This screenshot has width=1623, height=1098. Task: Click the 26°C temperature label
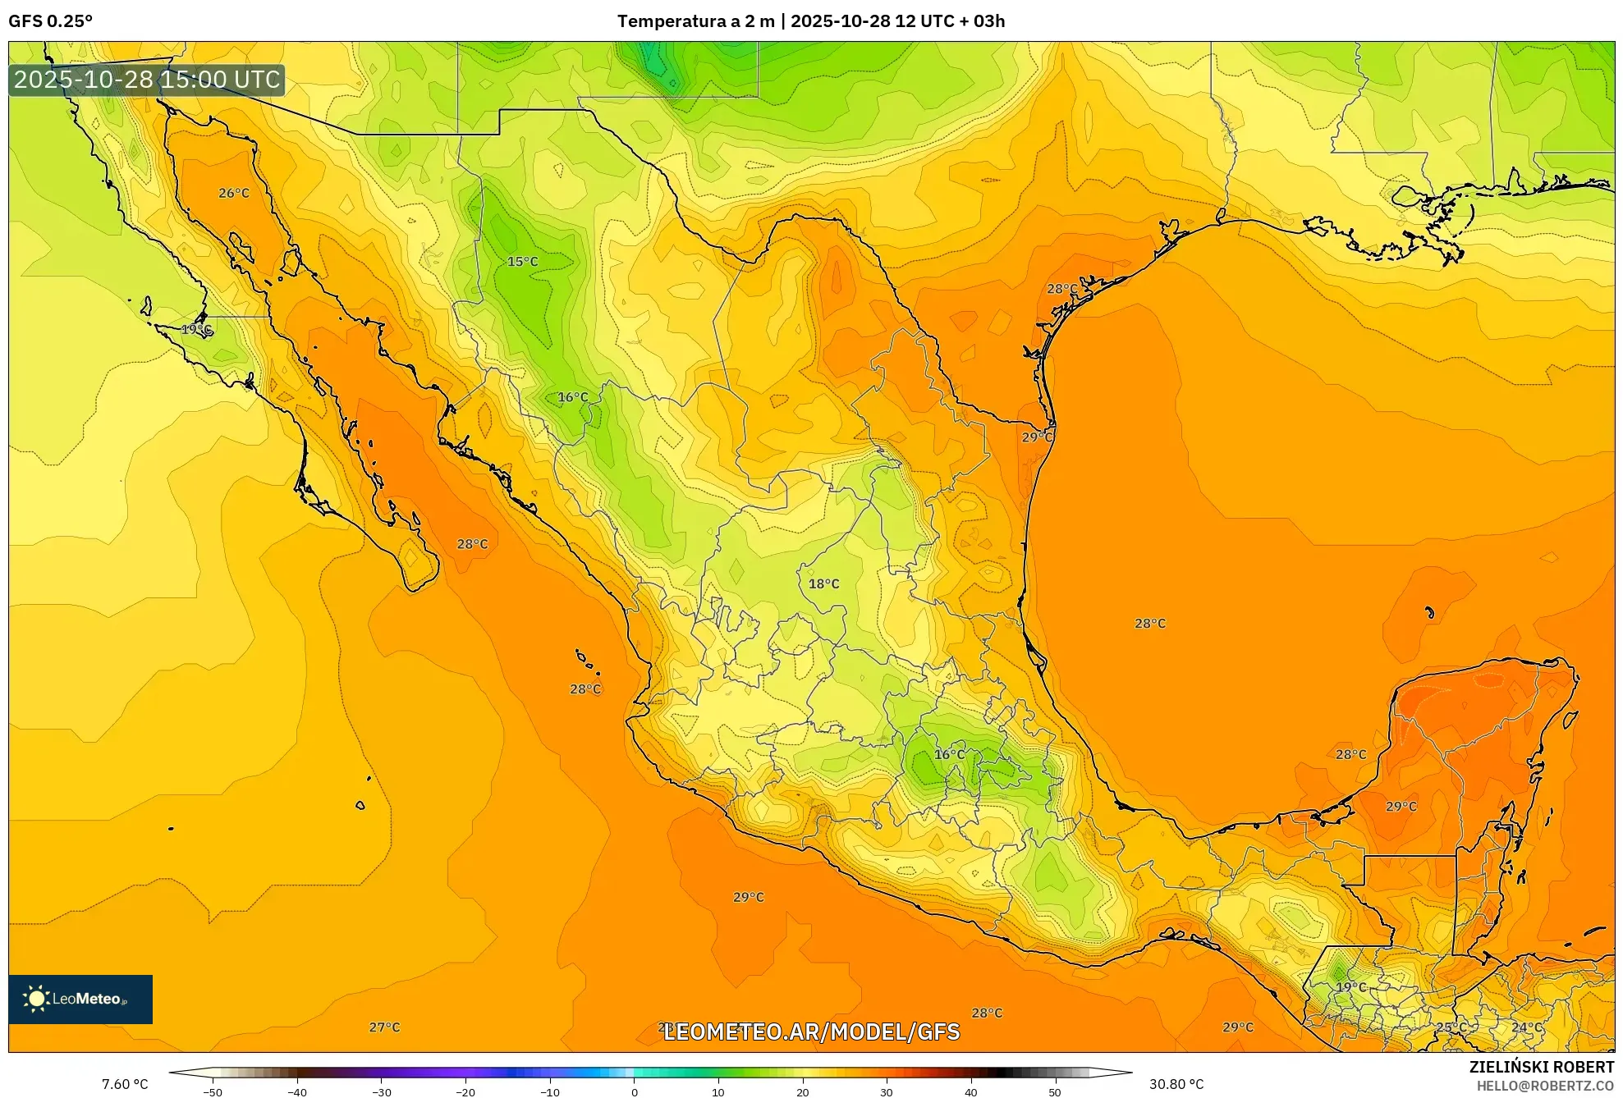tap(234, 194)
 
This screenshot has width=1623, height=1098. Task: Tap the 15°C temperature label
tap(522, 262)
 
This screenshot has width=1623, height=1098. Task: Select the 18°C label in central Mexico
tap(823, 584)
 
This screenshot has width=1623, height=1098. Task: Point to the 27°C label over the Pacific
tap(384, 1027)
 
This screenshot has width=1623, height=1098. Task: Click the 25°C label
tap(1451, 1027)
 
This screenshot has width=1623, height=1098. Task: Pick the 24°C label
tap(1527, 1027)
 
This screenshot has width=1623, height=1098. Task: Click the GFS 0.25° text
tap(51, 21)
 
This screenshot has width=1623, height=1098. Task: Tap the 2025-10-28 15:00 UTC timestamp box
tap(147, 80)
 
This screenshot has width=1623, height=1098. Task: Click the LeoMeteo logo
tap(80, 999)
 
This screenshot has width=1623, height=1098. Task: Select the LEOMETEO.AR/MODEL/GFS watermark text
tap(811, 1032)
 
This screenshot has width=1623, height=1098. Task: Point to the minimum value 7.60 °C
tap(125, 1084)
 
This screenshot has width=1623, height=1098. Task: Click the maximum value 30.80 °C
tap(1176, 1084)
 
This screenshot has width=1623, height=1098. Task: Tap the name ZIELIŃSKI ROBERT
tap(1541, 1067)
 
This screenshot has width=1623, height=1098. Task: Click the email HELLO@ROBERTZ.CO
tap(1545, 1086)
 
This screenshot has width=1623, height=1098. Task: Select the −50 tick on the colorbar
tap(213, 1092)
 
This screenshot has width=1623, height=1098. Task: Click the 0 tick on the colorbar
tap(634, 1092)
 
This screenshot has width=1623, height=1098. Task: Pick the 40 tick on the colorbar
tap(970, 1092)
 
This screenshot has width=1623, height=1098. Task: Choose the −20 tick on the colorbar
tap(465, 1092)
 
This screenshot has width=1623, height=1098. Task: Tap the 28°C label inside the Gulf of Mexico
tap(1149, 624)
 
